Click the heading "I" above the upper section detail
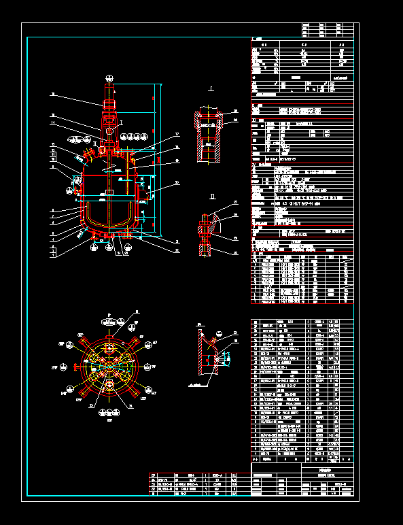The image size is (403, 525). click(211, 88)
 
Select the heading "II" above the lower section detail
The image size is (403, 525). click(211, 197)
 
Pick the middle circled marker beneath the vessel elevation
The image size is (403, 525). click(109, 248)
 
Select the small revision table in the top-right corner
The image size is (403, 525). click(330, 30)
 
